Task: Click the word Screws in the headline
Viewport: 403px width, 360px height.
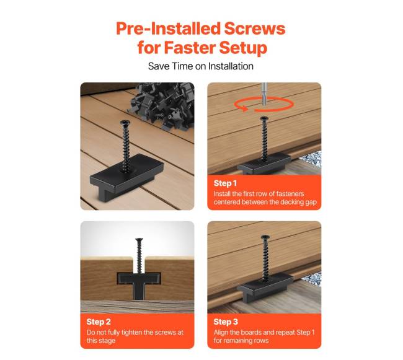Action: (x=255, y=29)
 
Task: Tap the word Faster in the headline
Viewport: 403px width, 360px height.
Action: (x=190, y=48)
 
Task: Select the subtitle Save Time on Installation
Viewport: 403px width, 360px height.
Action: (x=201, y=66)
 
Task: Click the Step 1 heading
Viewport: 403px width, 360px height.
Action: (x=225, y=183)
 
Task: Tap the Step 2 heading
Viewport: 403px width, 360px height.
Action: (x=99, y=322)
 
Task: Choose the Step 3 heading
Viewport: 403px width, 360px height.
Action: (x=226, y=322)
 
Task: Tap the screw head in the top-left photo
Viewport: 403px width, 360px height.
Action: (x=125, y=123)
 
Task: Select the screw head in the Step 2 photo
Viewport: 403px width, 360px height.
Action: (x=139, y=240)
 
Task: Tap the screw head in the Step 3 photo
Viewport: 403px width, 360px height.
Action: (x=265, y=237)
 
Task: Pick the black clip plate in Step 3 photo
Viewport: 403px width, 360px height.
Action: (x=265, y=288)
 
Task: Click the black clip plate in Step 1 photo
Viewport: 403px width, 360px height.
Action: (x=263, y=163)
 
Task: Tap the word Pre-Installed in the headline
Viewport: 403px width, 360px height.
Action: (x=169, y=29)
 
